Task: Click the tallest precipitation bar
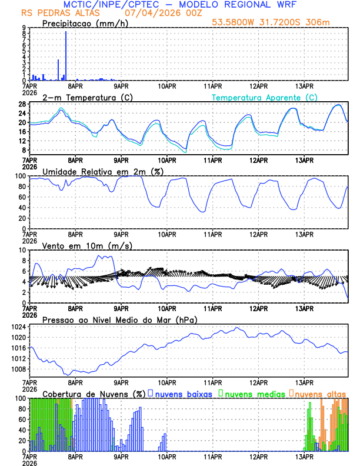pyautogui.click(x=65, y=56)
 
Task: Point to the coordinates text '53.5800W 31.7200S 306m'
pyautogui.click(x=280, y=22)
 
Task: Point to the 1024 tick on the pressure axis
pyautogui.click(x=18, y=327)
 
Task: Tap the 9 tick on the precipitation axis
pyautogui.click(x=24, y=28)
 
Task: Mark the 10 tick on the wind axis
pyautogui.click(x=22, y=250)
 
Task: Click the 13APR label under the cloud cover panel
pyautogui.click(x=304, y=457)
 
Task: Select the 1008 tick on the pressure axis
pyautogui.click(x=18, y=370)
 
